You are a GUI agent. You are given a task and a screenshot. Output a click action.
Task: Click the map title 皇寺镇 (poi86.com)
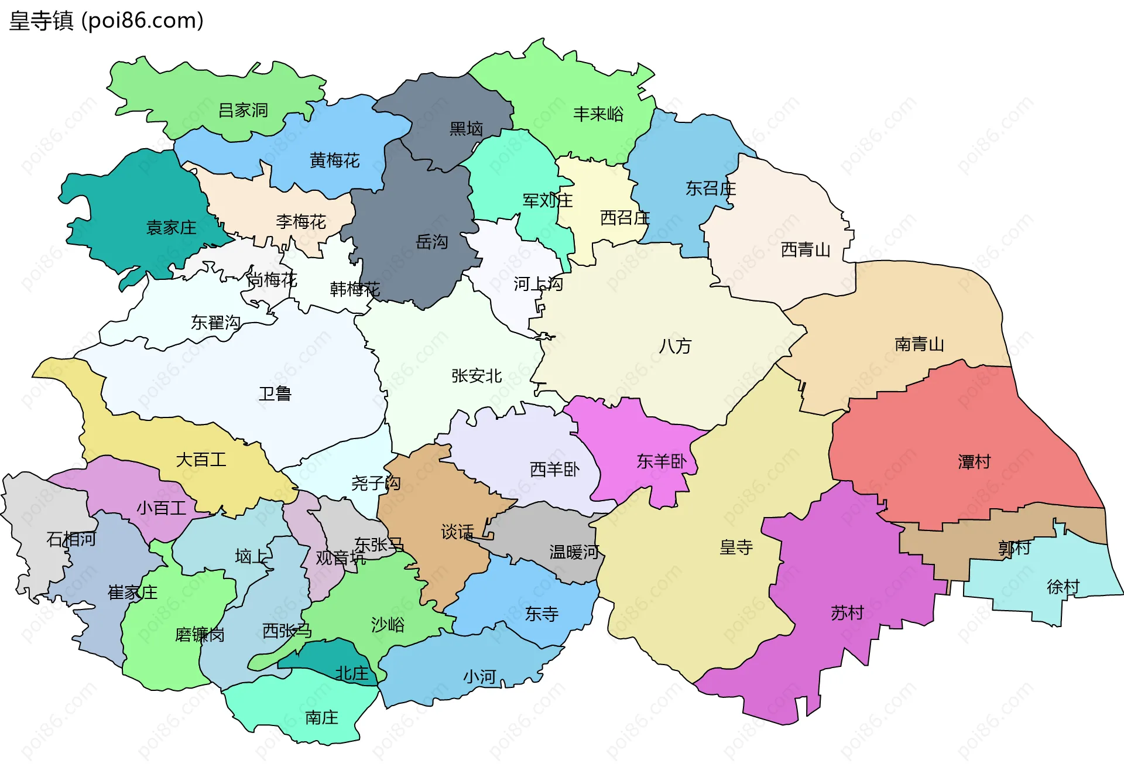click(106, 20)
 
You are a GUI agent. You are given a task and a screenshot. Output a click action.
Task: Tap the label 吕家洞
click(242, 110)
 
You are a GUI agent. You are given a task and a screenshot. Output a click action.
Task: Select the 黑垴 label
click(466, 129)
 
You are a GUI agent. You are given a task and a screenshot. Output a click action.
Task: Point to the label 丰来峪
click(598, 114)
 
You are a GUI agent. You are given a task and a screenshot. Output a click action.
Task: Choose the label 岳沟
click(431, 241)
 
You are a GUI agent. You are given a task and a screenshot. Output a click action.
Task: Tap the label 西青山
click(806, 250)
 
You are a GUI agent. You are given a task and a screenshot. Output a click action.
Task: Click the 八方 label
click(675, 346)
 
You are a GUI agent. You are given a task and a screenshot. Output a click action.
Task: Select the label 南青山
click(919, 344)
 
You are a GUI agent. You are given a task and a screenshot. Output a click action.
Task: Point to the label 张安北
click(476, 376)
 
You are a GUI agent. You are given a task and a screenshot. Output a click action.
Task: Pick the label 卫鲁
click(275, 393)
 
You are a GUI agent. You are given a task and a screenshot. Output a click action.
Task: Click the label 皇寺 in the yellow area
click(736, 547)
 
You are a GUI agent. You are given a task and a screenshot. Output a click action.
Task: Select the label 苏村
click(847, 613)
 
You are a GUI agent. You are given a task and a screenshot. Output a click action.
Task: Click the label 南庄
click(321, 717)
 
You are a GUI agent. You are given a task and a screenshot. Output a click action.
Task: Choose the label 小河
click(479, 677)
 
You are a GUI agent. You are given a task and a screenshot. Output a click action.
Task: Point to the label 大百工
click(201, 460)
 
